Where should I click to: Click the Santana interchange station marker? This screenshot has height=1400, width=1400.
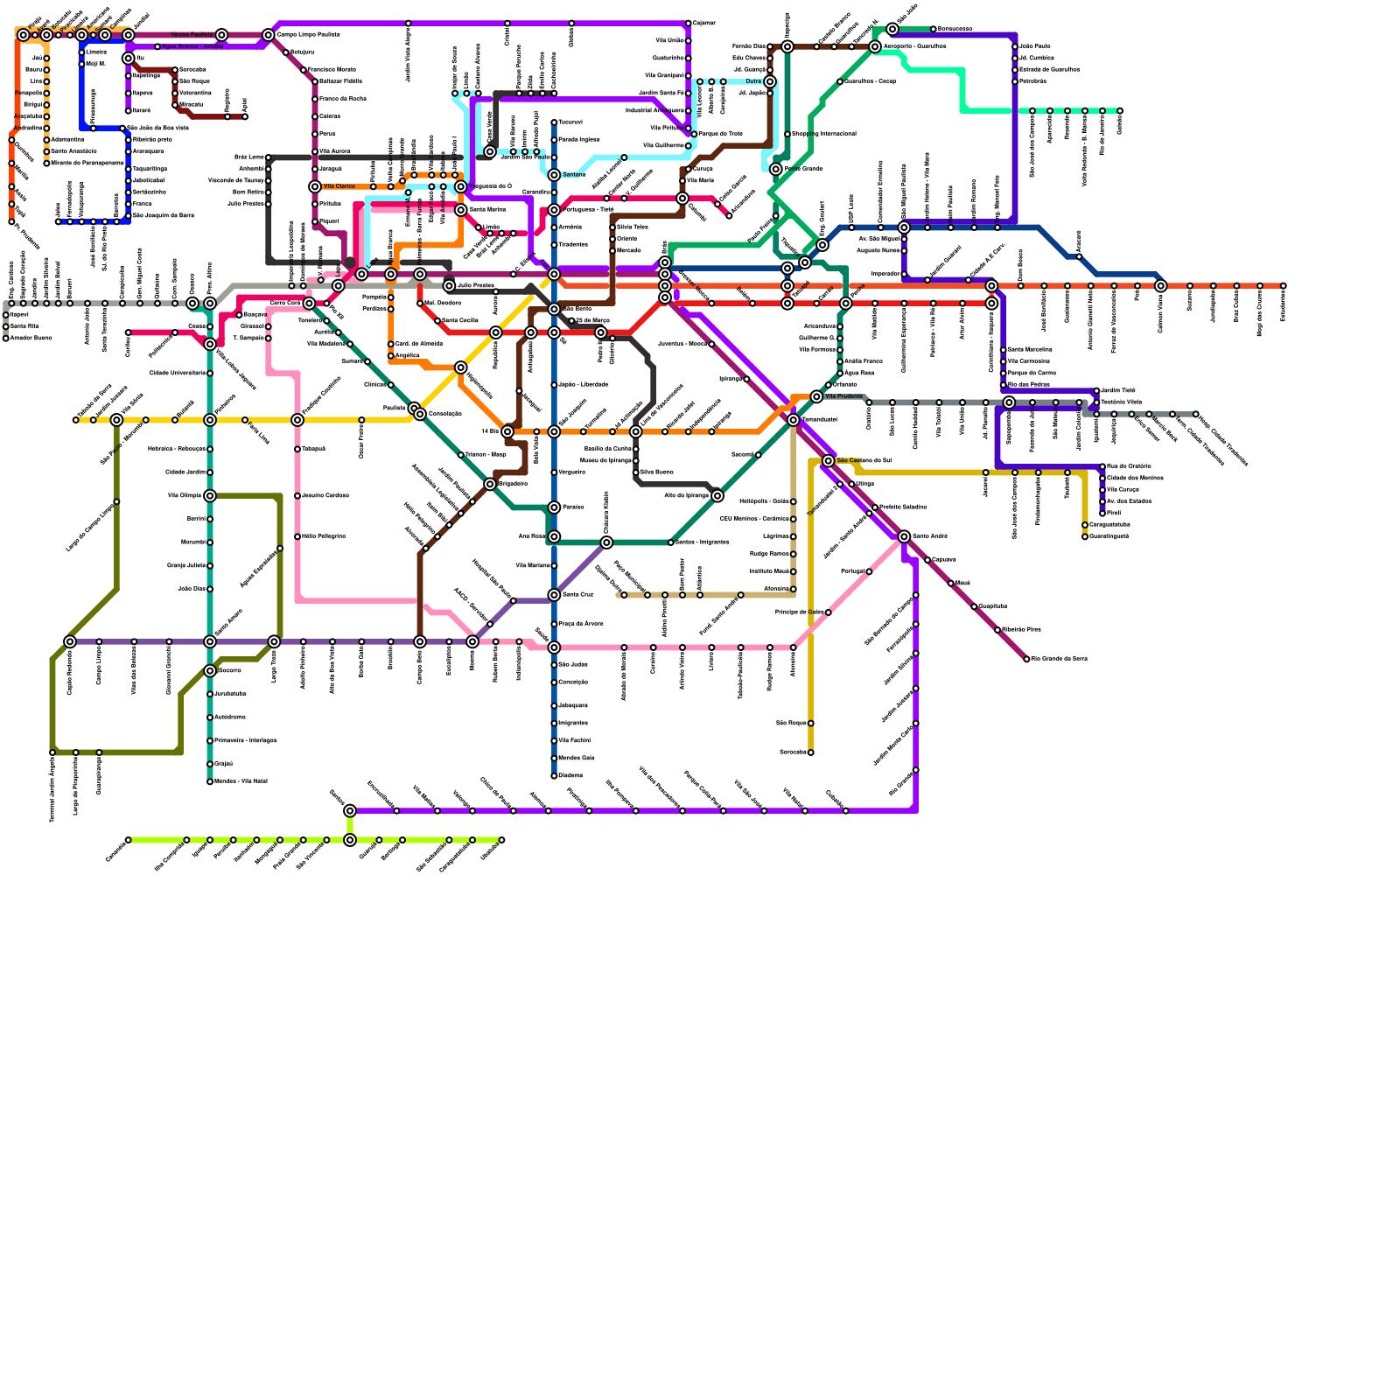coord(554,175)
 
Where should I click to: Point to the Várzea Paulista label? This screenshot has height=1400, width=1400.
coord(192,35)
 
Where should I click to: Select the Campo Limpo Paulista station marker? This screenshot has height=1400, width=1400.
coord(269,35)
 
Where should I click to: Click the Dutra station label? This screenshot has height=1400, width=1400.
coord(753,81)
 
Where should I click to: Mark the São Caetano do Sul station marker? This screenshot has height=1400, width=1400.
coord(829,460)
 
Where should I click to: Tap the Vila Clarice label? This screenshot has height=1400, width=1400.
coord(339,186)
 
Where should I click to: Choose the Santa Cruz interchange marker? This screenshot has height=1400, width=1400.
coord(554,595)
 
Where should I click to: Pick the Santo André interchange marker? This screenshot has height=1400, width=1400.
coord(904,536)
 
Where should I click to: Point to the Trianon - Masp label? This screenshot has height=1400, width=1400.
coord(486,455)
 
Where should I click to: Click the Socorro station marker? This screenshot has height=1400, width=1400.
coord(210,671)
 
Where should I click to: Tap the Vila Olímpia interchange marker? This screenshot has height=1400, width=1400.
coord(210,496)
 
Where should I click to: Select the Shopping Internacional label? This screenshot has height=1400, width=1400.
coord(823,134)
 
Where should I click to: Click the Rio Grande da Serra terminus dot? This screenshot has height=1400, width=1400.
coord(1026,659)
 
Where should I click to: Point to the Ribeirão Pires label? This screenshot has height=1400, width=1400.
coord(1021,630)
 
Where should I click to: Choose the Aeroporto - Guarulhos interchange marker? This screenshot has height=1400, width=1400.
coord(875,46)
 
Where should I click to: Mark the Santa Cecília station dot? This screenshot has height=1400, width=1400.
coord(437,321)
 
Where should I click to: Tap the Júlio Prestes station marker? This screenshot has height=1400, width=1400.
coord(449,286)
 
